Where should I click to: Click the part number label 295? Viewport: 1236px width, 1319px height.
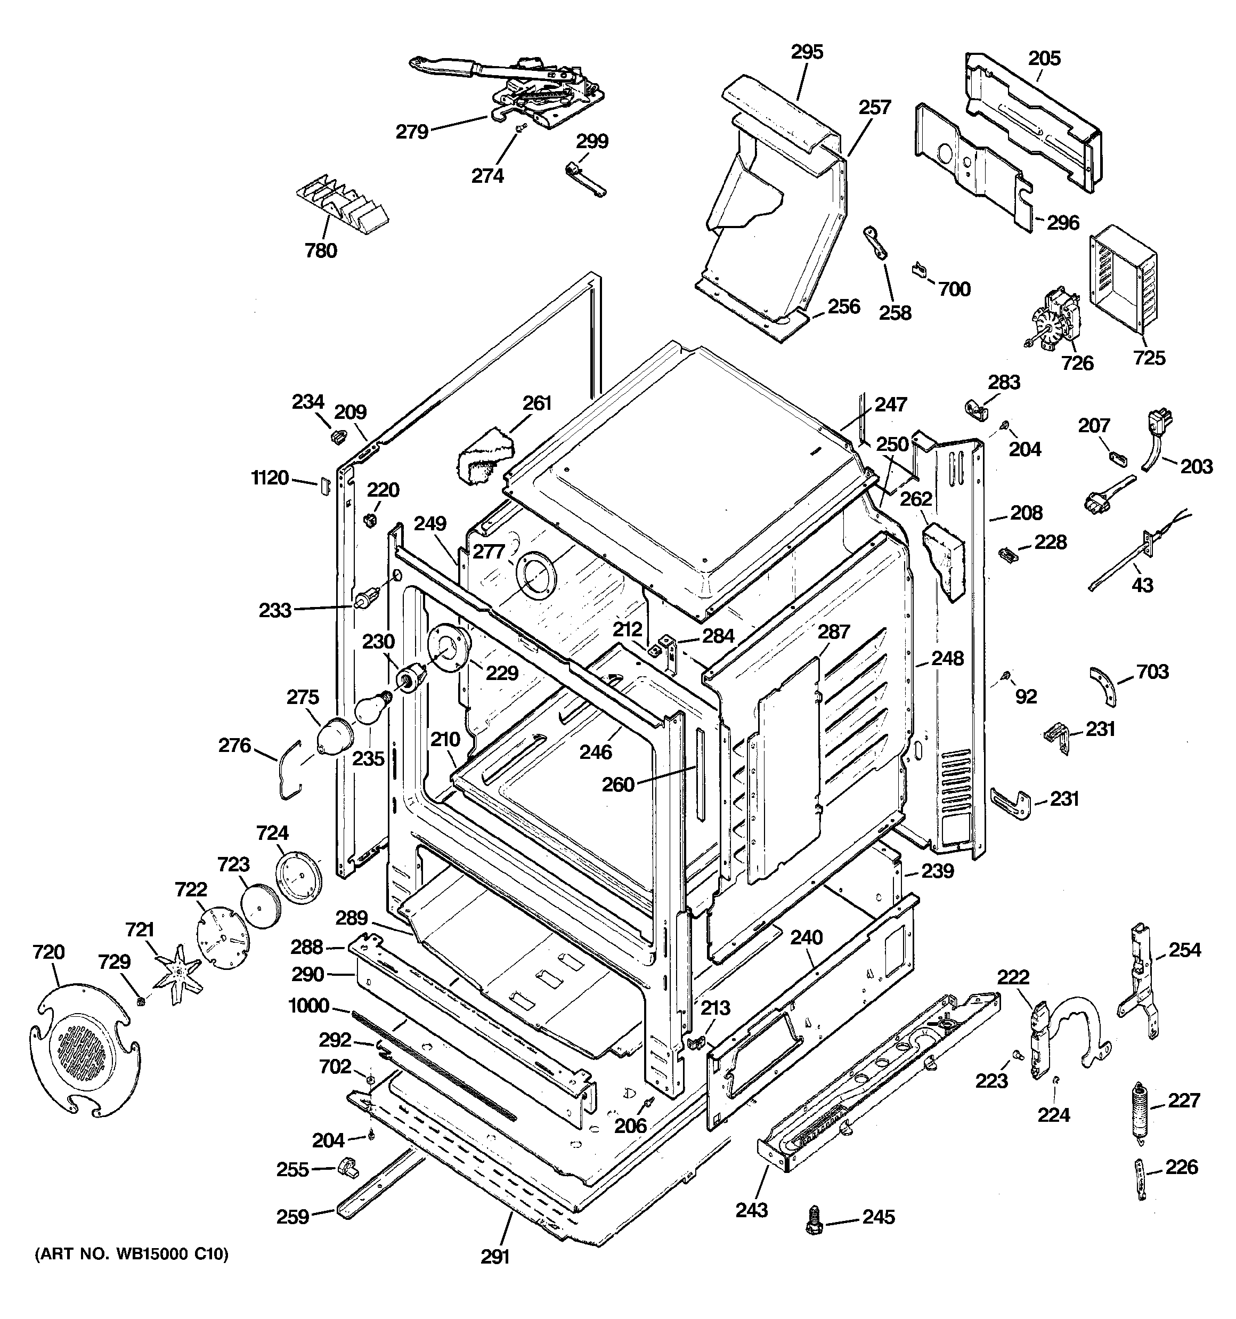pyautogui.click(x=807, y=52)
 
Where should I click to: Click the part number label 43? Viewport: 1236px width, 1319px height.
pyautogui.click(x=1142, y=585)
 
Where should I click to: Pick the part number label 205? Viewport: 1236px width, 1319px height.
pyautogui.click(x=1044, y=59)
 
